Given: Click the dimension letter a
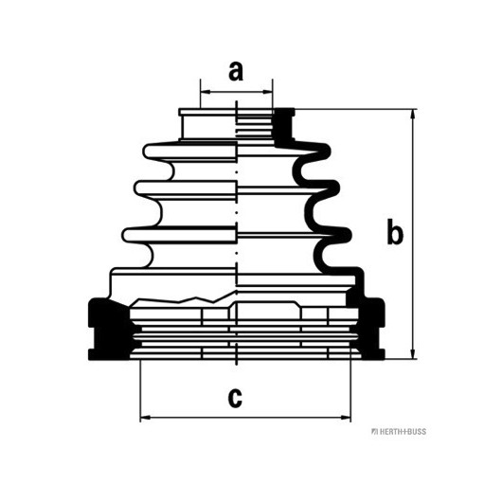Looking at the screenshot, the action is [236, 71].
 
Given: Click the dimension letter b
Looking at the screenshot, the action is [395, 231].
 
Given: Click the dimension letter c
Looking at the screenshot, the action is [235, 398].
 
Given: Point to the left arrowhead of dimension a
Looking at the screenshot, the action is [206, 92].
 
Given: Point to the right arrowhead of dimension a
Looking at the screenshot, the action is [268, 92].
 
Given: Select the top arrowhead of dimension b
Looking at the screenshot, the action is [413, 115].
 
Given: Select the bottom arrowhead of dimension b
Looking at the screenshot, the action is [413, 353].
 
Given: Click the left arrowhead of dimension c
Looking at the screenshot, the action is [146, 418].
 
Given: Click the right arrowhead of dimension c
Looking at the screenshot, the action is [346, 418].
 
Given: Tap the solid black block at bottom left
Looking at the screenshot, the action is [109, 329].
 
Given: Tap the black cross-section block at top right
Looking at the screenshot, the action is [283, 127].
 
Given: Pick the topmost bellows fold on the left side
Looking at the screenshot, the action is [189, 152].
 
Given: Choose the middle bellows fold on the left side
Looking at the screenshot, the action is [185, 188].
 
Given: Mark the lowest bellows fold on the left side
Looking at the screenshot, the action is [179, 235].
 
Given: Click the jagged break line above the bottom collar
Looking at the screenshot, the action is [183, 298].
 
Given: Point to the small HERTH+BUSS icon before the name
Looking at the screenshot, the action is [374, 432].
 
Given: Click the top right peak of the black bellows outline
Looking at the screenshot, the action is [327, 150].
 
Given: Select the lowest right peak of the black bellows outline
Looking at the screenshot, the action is [347, 235].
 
